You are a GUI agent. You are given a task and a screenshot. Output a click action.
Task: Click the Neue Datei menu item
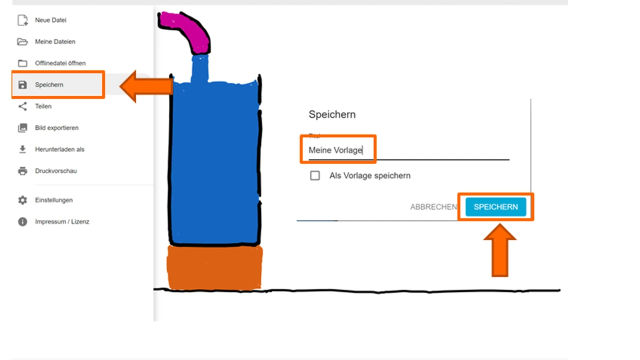tap(50, 20)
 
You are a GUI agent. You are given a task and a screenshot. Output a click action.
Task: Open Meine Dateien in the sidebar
tap(55, 42)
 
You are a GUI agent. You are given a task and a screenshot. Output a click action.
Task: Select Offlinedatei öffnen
tap(60, 63)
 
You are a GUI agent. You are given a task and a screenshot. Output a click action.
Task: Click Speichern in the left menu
tap(49, 85)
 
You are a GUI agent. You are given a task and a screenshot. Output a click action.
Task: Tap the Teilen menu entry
tap(43, 106)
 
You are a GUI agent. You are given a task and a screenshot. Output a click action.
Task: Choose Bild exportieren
tap(56, 128)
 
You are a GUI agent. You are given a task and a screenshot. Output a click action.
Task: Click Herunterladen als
tap(59, 149)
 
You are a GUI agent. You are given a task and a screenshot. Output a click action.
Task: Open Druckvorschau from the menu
tap(55, 171)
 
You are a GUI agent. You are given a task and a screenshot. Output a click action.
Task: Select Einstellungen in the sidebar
tap(53, 200)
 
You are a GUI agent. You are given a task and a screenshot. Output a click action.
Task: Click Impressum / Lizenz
tap(62, 221)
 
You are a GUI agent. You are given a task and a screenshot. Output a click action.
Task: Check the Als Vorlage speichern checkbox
tap(315, 176)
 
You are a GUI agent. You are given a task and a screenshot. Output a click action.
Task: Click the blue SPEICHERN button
tap(495, 207)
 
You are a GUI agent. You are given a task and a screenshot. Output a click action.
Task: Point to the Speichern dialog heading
tap(332, 114)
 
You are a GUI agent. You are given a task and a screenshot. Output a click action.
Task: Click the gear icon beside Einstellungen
tap(22, 200)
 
